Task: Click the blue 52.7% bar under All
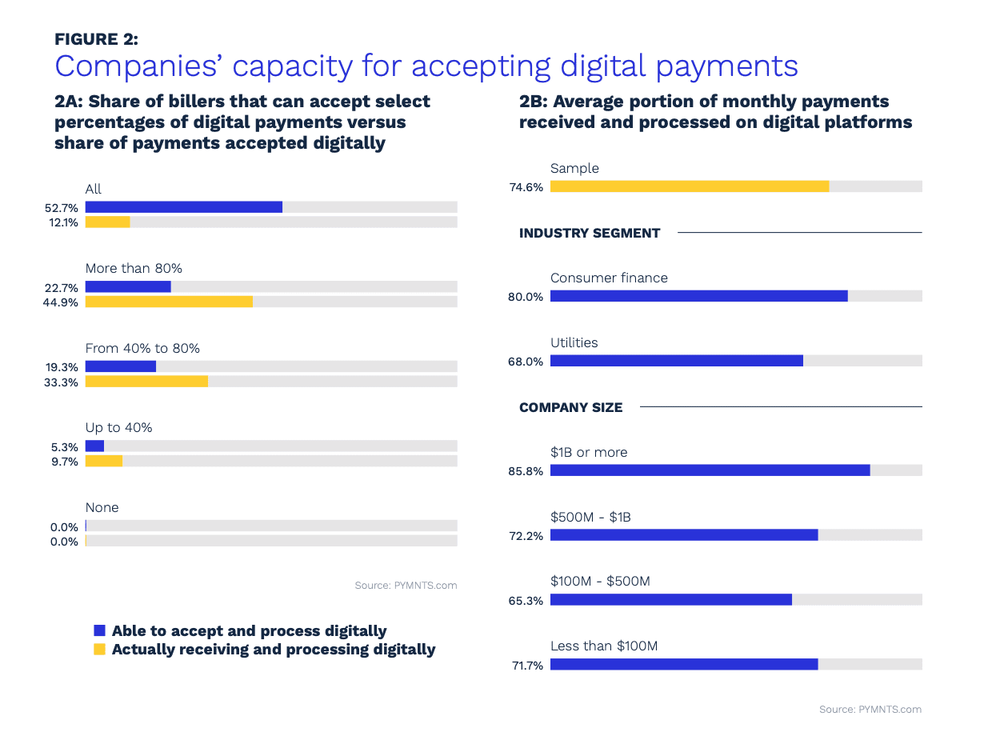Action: coord(184,207)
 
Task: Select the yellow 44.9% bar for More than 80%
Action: coord(169,302)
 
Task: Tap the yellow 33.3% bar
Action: coord(146,382)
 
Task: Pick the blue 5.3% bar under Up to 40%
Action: coord(94,446)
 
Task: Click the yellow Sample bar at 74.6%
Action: coord(690,186)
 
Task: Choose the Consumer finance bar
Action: coord(698,296)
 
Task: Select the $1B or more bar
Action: coord(710,470)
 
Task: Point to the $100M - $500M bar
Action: coord(670,599)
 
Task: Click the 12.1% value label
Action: coord(63,222)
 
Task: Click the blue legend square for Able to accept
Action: coord(99,630)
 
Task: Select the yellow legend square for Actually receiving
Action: coord(99,650)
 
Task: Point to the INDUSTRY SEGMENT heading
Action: coord(590,233)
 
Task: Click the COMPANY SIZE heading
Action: coord(570,407)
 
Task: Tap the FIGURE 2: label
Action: coord(96,38)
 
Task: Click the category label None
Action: coord(102,507)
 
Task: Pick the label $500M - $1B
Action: coord(590,517)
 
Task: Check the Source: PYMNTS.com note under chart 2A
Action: coord(406,586)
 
